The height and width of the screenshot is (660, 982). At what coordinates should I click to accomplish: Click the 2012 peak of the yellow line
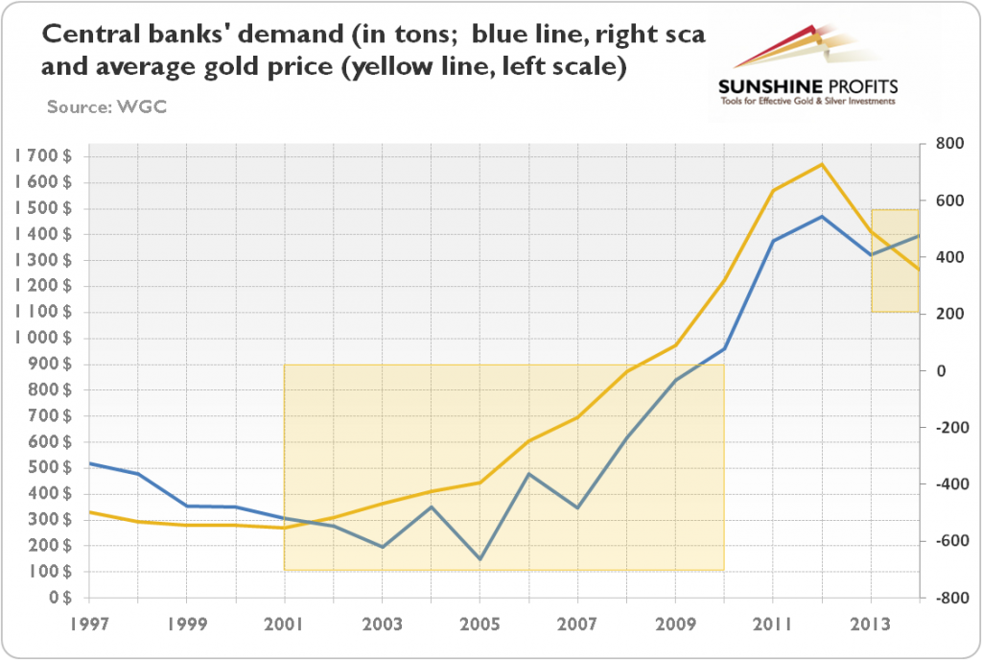click(822, 164)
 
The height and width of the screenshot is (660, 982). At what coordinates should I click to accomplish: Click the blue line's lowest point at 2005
click(479, 558)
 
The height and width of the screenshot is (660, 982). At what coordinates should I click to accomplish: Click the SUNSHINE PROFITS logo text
click(807, 86)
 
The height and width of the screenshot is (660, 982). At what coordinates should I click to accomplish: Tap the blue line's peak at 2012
click(822, 216)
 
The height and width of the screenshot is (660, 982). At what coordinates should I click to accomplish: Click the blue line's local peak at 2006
click(528, 474)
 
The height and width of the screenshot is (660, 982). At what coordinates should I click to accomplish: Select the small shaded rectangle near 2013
click(895, 260)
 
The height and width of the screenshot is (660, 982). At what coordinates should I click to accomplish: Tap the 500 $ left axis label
click(48, 467)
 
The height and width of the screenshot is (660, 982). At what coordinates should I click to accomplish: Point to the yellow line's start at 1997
click(89, 511)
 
